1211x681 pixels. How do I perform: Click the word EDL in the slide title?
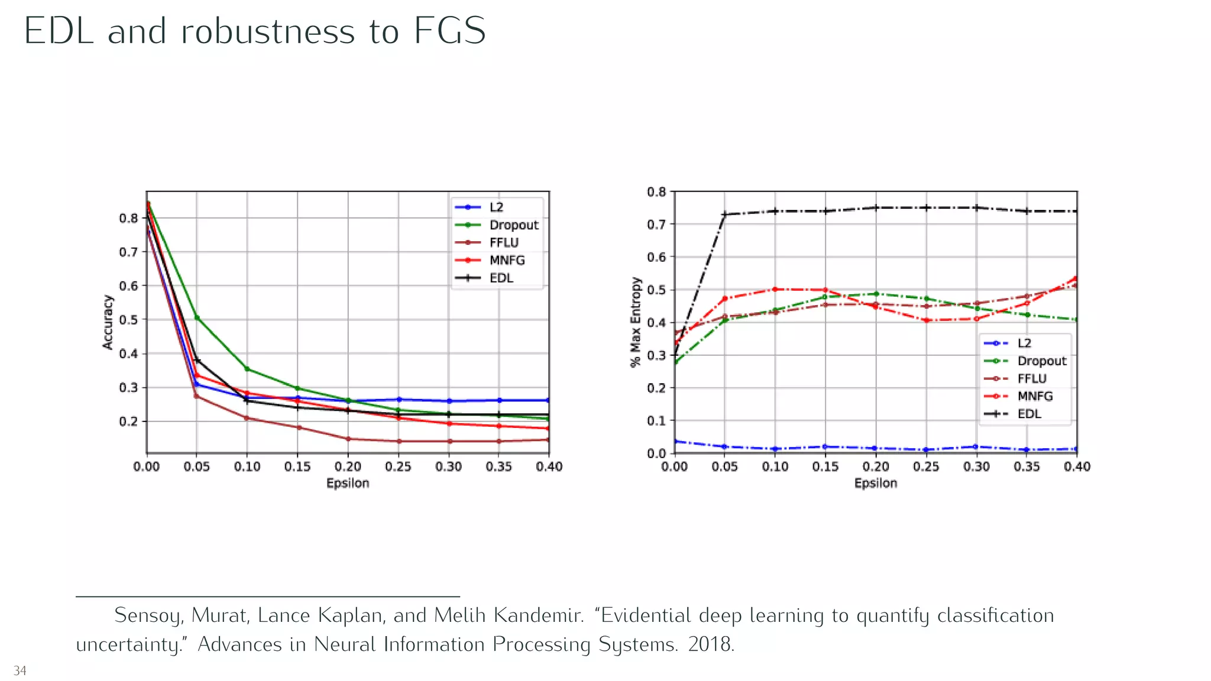pyautogui.click(x=59, y=31)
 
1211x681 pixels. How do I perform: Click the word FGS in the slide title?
pyautogui.click(x=449, y=31)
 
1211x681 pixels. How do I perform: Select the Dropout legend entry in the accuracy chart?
pyautogui.click(x=513, y=225)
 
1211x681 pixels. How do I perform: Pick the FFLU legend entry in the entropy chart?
pyautogui.click(x=1032, y=379)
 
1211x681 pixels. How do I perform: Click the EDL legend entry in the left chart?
pyautogui.click(x=501, y=278)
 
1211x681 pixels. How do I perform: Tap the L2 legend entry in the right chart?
pyautogui.click(x=1024, y=343)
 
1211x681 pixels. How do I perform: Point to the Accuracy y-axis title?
pyautogui.click(x=108, y=322)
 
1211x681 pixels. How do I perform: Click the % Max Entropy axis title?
pyautogui.click(x=636, y=322)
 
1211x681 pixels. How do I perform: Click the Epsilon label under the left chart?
pyautogui.click(x=348, y=484)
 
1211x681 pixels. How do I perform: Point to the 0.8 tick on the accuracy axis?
pyautogui.click(x=128, y=218)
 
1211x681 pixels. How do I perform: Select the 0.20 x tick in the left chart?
pyautogui.click(x=348, y=467)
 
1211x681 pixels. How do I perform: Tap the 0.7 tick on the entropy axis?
pyautogui.click(x=656, y=225)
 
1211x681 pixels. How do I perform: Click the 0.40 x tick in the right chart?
pyautogui.click(x=1077, y=467)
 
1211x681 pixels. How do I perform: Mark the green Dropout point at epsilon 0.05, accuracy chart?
pyautogui.click(x=197, y=317)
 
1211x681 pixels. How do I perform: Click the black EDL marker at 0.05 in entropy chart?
pyautogui.click(x=724, y=215)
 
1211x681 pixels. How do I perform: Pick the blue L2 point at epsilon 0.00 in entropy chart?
pyautogui.click(x=675, y=442)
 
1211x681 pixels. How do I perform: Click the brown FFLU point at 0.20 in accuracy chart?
pyautogui.click(x=348, y=439)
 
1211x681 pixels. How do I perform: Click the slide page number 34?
pyautogui.click(x=20, y=671)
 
